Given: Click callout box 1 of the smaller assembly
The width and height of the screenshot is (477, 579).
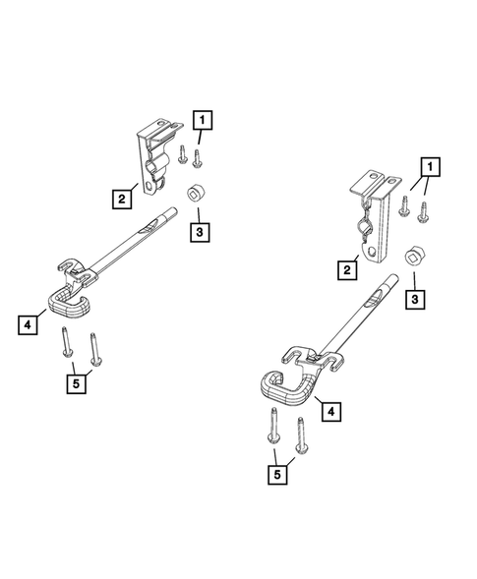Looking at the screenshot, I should tap(203, 121).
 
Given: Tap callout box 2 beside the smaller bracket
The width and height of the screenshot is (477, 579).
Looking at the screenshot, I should tap(122, 200).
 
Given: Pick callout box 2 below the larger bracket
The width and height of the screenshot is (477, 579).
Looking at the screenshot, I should tap(347, 268).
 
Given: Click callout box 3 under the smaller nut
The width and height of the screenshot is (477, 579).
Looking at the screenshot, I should tap(200, 232).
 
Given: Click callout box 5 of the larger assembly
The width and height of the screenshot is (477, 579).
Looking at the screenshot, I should tap(281, 475).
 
